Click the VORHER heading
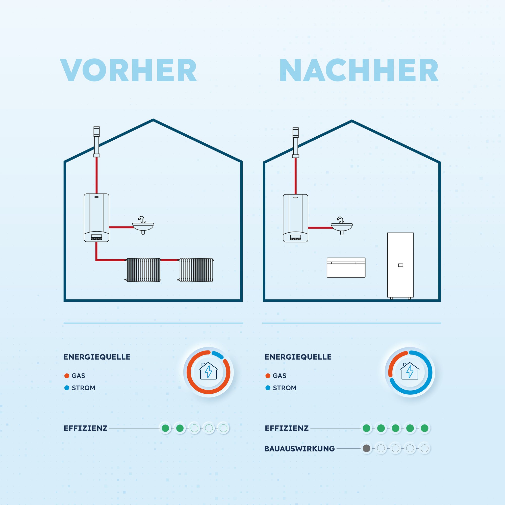pos(128,70)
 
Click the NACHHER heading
pos(359,70)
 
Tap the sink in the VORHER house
pos(143,226)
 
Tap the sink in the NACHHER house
pos(342,227)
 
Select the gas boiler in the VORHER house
pos(96,217)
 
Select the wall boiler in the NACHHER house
pos(295,218)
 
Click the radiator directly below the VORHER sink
pos(143,270)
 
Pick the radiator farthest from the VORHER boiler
pos(196,270)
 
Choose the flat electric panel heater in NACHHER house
pos(346,267)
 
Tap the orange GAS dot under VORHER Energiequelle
pos(67,376)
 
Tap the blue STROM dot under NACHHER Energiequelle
pos(268,388)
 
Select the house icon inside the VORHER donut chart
pos(208,371)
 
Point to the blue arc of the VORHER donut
pos(217,355)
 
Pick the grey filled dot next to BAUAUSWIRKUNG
pos(366,448)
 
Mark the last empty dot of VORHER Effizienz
pos(223,428)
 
